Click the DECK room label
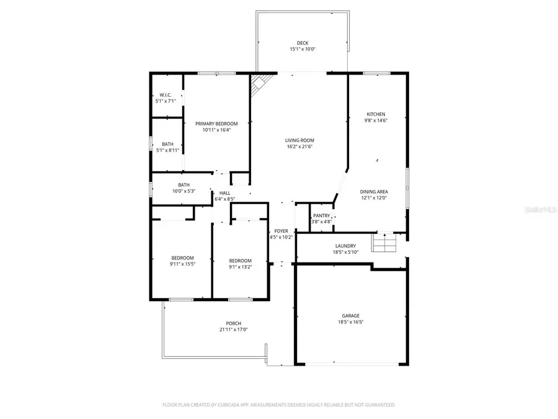(302, 43)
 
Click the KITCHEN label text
(376, 114)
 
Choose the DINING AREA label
(374, 192)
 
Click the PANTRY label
(321, 215)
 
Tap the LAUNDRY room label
(345, 246)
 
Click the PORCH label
(233, 323)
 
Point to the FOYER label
(281, 231)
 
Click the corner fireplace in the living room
(259, 84)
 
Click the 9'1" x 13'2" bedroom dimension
(240, 267)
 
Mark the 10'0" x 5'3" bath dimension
(184, 191)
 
